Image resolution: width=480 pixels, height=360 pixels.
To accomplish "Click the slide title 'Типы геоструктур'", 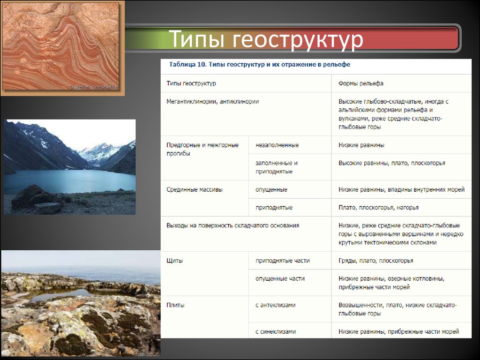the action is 266,39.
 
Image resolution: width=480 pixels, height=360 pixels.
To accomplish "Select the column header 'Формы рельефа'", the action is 360,83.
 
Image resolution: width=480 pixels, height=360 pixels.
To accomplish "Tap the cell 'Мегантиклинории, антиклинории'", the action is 212,102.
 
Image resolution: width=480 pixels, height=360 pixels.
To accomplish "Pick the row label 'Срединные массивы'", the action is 195,189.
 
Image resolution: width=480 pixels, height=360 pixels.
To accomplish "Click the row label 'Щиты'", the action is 174,261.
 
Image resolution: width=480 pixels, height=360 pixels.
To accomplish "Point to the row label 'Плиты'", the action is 175,305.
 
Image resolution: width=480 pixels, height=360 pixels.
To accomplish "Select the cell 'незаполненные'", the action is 277,145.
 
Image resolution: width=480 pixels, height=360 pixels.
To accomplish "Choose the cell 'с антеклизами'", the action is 276,305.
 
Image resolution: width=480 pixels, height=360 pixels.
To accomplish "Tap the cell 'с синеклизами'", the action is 276,331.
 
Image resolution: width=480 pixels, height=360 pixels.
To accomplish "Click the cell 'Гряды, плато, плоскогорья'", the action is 375,261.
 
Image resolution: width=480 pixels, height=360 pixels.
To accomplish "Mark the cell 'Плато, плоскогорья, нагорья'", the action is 378,208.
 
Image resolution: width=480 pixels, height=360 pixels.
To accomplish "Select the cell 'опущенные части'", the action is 280,278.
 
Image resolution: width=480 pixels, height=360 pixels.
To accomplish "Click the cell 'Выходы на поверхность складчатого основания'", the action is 232,225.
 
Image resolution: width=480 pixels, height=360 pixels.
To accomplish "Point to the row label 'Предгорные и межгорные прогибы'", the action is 202,149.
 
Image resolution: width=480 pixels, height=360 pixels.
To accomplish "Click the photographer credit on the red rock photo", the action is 93,87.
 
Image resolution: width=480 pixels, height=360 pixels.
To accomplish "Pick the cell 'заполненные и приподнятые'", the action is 277,167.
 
